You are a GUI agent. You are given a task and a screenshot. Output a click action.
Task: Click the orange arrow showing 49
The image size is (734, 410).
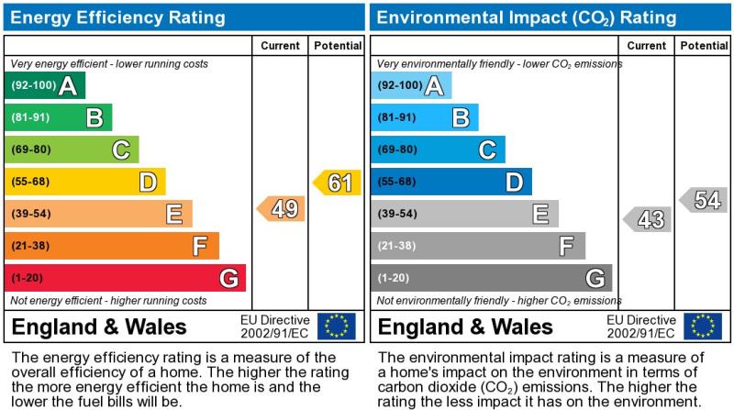282,209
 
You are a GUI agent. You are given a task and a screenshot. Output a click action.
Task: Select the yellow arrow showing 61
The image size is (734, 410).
337,183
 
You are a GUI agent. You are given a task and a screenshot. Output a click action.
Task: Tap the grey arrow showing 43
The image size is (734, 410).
648,219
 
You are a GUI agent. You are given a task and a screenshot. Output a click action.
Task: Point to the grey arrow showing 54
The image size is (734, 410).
704,200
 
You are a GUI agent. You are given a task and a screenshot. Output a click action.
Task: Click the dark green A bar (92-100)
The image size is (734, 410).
45,86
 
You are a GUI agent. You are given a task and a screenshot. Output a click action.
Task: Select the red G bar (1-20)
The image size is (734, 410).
125,278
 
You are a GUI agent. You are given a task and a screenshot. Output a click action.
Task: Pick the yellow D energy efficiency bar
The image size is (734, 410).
85,182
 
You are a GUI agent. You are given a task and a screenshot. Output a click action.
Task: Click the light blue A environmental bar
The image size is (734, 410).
412,86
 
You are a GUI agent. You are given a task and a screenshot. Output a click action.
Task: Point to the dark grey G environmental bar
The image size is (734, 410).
491,278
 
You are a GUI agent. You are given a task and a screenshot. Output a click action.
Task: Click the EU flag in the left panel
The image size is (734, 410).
336,326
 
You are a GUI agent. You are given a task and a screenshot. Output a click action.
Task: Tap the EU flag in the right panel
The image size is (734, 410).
703,326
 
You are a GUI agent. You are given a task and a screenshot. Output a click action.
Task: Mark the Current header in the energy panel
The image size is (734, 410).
280,46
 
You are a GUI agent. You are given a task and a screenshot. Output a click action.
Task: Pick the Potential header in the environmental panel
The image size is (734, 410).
704,46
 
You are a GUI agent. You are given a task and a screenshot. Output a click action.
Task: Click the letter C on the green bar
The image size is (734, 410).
120,150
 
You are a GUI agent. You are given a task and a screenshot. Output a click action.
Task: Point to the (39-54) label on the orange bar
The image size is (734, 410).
31,214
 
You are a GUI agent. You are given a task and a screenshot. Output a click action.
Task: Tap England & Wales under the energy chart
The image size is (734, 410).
99,327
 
